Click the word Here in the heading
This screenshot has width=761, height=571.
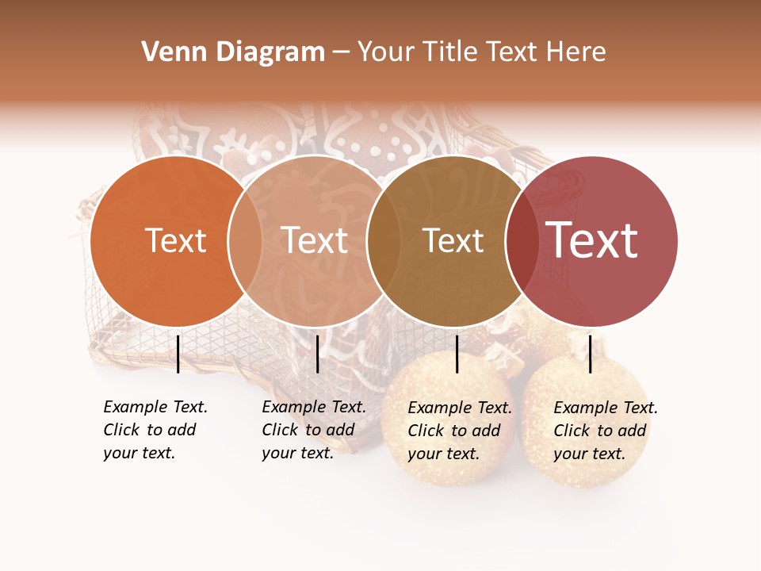pos(577,52)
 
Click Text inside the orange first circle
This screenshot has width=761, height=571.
pos(175,240)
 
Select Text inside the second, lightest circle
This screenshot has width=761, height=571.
pos(314,240)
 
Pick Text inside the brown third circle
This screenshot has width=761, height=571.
pos(453,240)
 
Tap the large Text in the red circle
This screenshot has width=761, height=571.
pos(591,240)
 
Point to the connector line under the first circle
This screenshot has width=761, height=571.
pos(178,354)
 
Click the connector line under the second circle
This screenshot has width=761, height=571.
pos(317,354)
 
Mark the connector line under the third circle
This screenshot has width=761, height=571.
pos(457,354)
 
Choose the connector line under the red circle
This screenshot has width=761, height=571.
pos(590,354)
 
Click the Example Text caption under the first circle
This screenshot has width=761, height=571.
pos(155,430)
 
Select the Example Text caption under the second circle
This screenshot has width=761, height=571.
pos(314,430)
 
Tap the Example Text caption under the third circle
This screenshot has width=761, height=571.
pos(460,431)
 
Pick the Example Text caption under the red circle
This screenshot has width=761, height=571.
pos(606,431)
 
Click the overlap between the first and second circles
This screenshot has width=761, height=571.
pos(245,240)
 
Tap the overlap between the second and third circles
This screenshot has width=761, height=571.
pos(384,240)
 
